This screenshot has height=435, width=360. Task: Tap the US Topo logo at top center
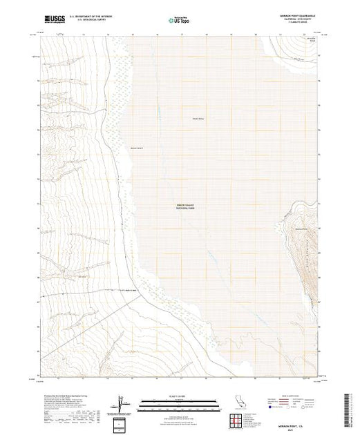(180, 19)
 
